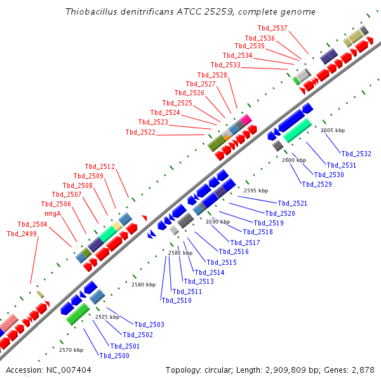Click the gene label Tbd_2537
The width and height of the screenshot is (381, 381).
272,28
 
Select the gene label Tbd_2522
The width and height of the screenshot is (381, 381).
140,132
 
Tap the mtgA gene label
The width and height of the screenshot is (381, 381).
53,213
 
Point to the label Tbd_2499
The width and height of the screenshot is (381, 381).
22,234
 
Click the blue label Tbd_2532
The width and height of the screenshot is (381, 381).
356,154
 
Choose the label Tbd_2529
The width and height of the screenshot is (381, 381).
317,184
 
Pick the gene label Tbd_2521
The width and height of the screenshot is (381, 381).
292,203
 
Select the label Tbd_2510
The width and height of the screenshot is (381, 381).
177,300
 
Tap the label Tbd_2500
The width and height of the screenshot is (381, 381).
114,356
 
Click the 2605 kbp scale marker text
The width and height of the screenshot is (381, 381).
333,130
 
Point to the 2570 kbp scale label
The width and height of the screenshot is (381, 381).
71,350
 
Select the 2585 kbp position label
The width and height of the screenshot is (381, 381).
180,253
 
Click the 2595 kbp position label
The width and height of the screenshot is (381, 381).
256,190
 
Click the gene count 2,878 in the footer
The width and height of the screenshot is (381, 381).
363,370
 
